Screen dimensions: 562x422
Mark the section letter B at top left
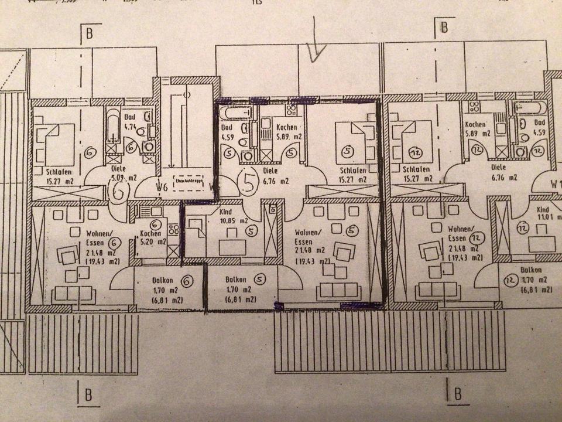[x=89, y=33]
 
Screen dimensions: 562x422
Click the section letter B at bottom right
[x=458, y=391]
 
